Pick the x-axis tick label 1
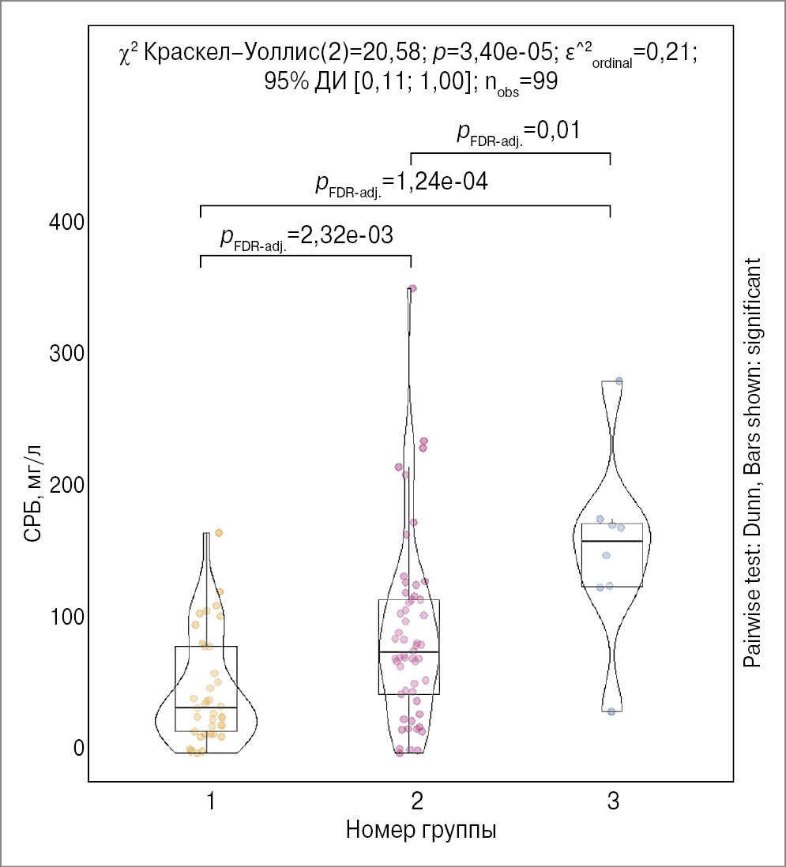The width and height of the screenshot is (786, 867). tap(211, 803)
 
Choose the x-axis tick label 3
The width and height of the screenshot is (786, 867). tap(612, 803)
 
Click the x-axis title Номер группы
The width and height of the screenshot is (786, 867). tap(421, 831)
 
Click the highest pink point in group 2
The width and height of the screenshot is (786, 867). tap(412, 288)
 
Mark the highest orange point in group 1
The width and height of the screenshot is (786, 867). tap(219, 533)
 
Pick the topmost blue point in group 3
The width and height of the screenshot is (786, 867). tap(619, 381)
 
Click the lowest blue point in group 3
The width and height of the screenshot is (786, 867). tap(611, 711)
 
